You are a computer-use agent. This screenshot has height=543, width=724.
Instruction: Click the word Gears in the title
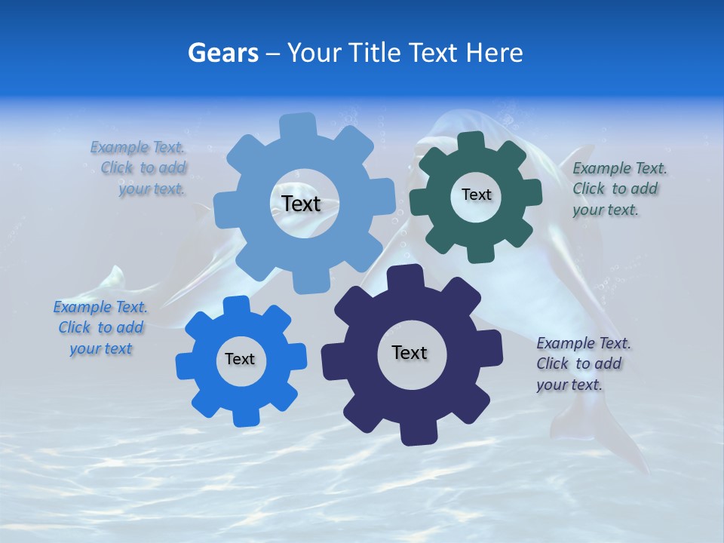coord(222,53)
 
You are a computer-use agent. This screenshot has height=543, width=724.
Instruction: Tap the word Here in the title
coord(494,53)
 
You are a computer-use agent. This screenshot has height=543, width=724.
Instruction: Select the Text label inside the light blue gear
coord(302,204)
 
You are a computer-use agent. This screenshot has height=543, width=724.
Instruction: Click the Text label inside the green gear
coord(476,195)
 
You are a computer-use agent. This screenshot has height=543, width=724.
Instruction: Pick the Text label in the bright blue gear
coord(240,359)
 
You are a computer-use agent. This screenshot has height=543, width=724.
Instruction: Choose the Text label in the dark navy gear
coord(410,353)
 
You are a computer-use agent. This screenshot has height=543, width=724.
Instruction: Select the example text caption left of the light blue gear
coord(140,168)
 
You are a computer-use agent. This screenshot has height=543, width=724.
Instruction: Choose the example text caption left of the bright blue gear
coord(100,327)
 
